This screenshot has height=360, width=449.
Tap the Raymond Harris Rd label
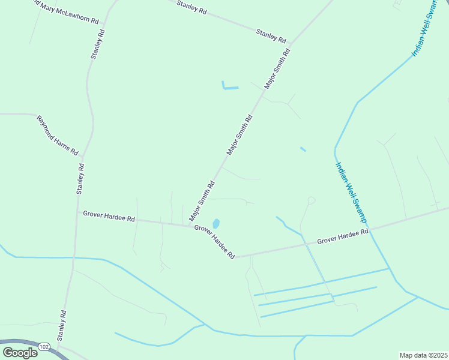[x=58, y=136]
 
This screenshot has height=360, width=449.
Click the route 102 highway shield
[x=44, y=347]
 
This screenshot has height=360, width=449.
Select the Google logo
[x=20, y=352]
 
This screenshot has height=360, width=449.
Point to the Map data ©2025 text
[x=424, y=355]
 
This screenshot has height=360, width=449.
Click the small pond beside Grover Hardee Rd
[x=216, y=223]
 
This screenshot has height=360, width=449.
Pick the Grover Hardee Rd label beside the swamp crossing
[x=342, y=236]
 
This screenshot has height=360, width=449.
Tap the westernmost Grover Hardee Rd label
[x=109, y=216]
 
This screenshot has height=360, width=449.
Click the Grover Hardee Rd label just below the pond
[x=214, y=242]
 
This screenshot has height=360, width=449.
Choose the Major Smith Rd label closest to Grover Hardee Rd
[x=202, y=201]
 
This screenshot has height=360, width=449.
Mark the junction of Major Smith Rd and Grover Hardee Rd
[x=191, y=225]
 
